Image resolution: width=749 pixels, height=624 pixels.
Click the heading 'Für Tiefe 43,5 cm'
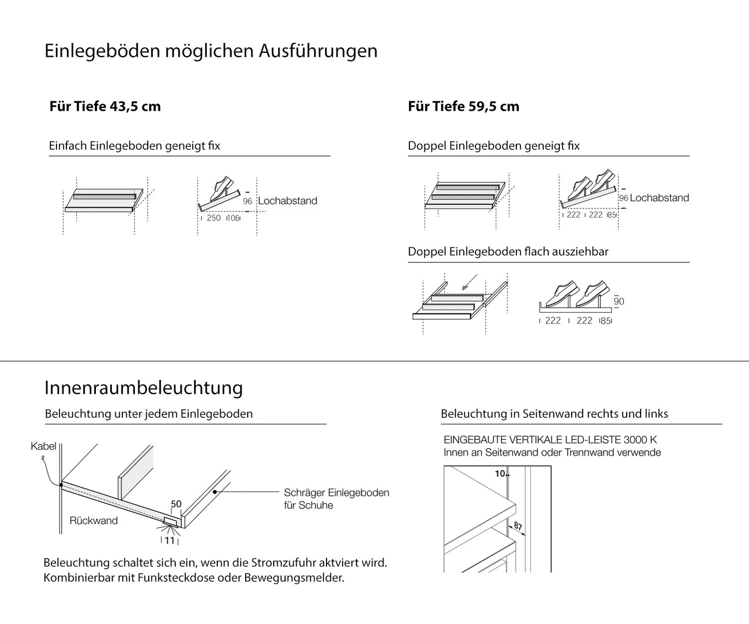pos(105,106)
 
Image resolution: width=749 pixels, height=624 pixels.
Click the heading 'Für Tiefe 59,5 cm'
pos(463,106)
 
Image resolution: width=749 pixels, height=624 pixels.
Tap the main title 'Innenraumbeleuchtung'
pos(144,388)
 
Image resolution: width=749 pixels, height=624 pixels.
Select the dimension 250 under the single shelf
pos(214,218)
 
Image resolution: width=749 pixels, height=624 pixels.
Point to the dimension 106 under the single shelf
pos(233,218)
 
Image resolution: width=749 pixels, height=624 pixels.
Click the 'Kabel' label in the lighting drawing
pos(43,446)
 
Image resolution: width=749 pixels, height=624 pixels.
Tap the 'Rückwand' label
pos(93,521)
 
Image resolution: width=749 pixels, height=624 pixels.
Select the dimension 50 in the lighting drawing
pos(176,504)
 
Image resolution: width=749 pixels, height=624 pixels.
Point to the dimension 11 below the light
pos(169,541)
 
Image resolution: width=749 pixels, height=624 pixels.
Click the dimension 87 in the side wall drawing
pos(518,527)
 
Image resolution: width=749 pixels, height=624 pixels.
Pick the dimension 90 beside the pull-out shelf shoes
pos(619,302)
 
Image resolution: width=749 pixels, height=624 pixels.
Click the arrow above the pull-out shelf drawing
pos(469,282)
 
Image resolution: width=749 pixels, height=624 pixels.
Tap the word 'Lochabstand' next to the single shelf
pos(288,201)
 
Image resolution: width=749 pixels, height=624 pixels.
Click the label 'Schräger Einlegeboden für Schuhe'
pos(336,499)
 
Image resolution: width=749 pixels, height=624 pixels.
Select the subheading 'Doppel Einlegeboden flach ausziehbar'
pos(508,252)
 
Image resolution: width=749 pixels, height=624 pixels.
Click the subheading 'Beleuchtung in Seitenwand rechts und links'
pos(554,414)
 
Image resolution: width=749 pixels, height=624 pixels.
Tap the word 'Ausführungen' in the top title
pos(318,51)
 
